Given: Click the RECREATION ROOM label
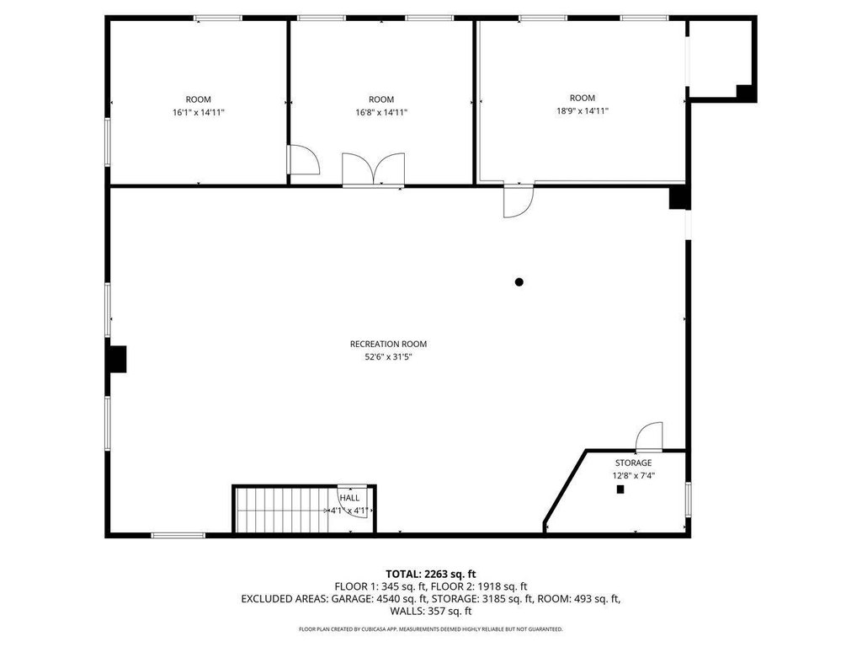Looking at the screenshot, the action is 388,344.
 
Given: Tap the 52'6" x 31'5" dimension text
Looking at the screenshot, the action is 388,357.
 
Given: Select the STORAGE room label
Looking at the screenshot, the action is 633,463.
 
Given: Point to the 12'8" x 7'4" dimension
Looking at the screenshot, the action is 633,476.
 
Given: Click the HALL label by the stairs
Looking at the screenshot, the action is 349,498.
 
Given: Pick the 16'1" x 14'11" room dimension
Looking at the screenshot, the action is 199,113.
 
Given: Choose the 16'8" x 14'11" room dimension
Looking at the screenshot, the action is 381,113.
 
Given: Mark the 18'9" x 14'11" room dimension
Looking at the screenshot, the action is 583,111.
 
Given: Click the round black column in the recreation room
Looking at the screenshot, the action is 519,282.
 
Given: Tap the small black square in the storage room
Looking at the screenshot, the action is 620,489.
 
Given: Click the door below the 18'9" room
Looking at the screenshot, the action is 519,201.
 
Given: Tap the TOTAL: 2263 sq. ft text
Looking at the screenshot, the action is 430,575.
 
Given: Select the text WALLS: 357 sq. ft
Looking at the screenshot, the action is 430,611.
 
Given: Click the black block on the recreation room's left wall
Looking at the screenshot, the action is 116,359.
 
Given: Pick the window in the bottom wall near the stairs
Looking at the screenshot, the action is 178,535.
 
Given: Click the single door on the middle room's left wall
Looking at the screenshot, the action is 303,160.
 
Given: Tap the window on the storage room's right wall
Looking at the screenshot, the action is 689,500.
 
